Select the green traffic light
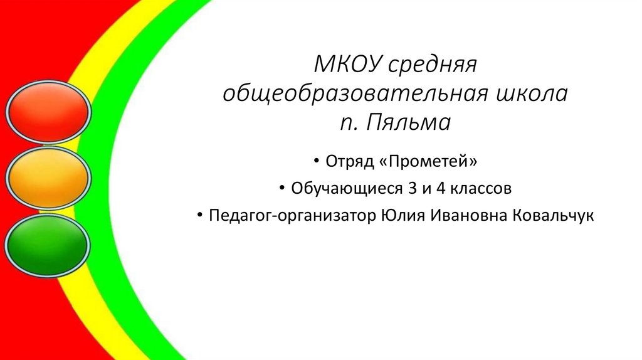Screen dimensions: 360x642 tap(49, 244)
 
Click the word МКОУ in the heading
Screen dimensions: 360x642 tap(347, 65)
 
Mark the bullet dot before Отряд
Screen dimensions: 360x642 tap(318, 162)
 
